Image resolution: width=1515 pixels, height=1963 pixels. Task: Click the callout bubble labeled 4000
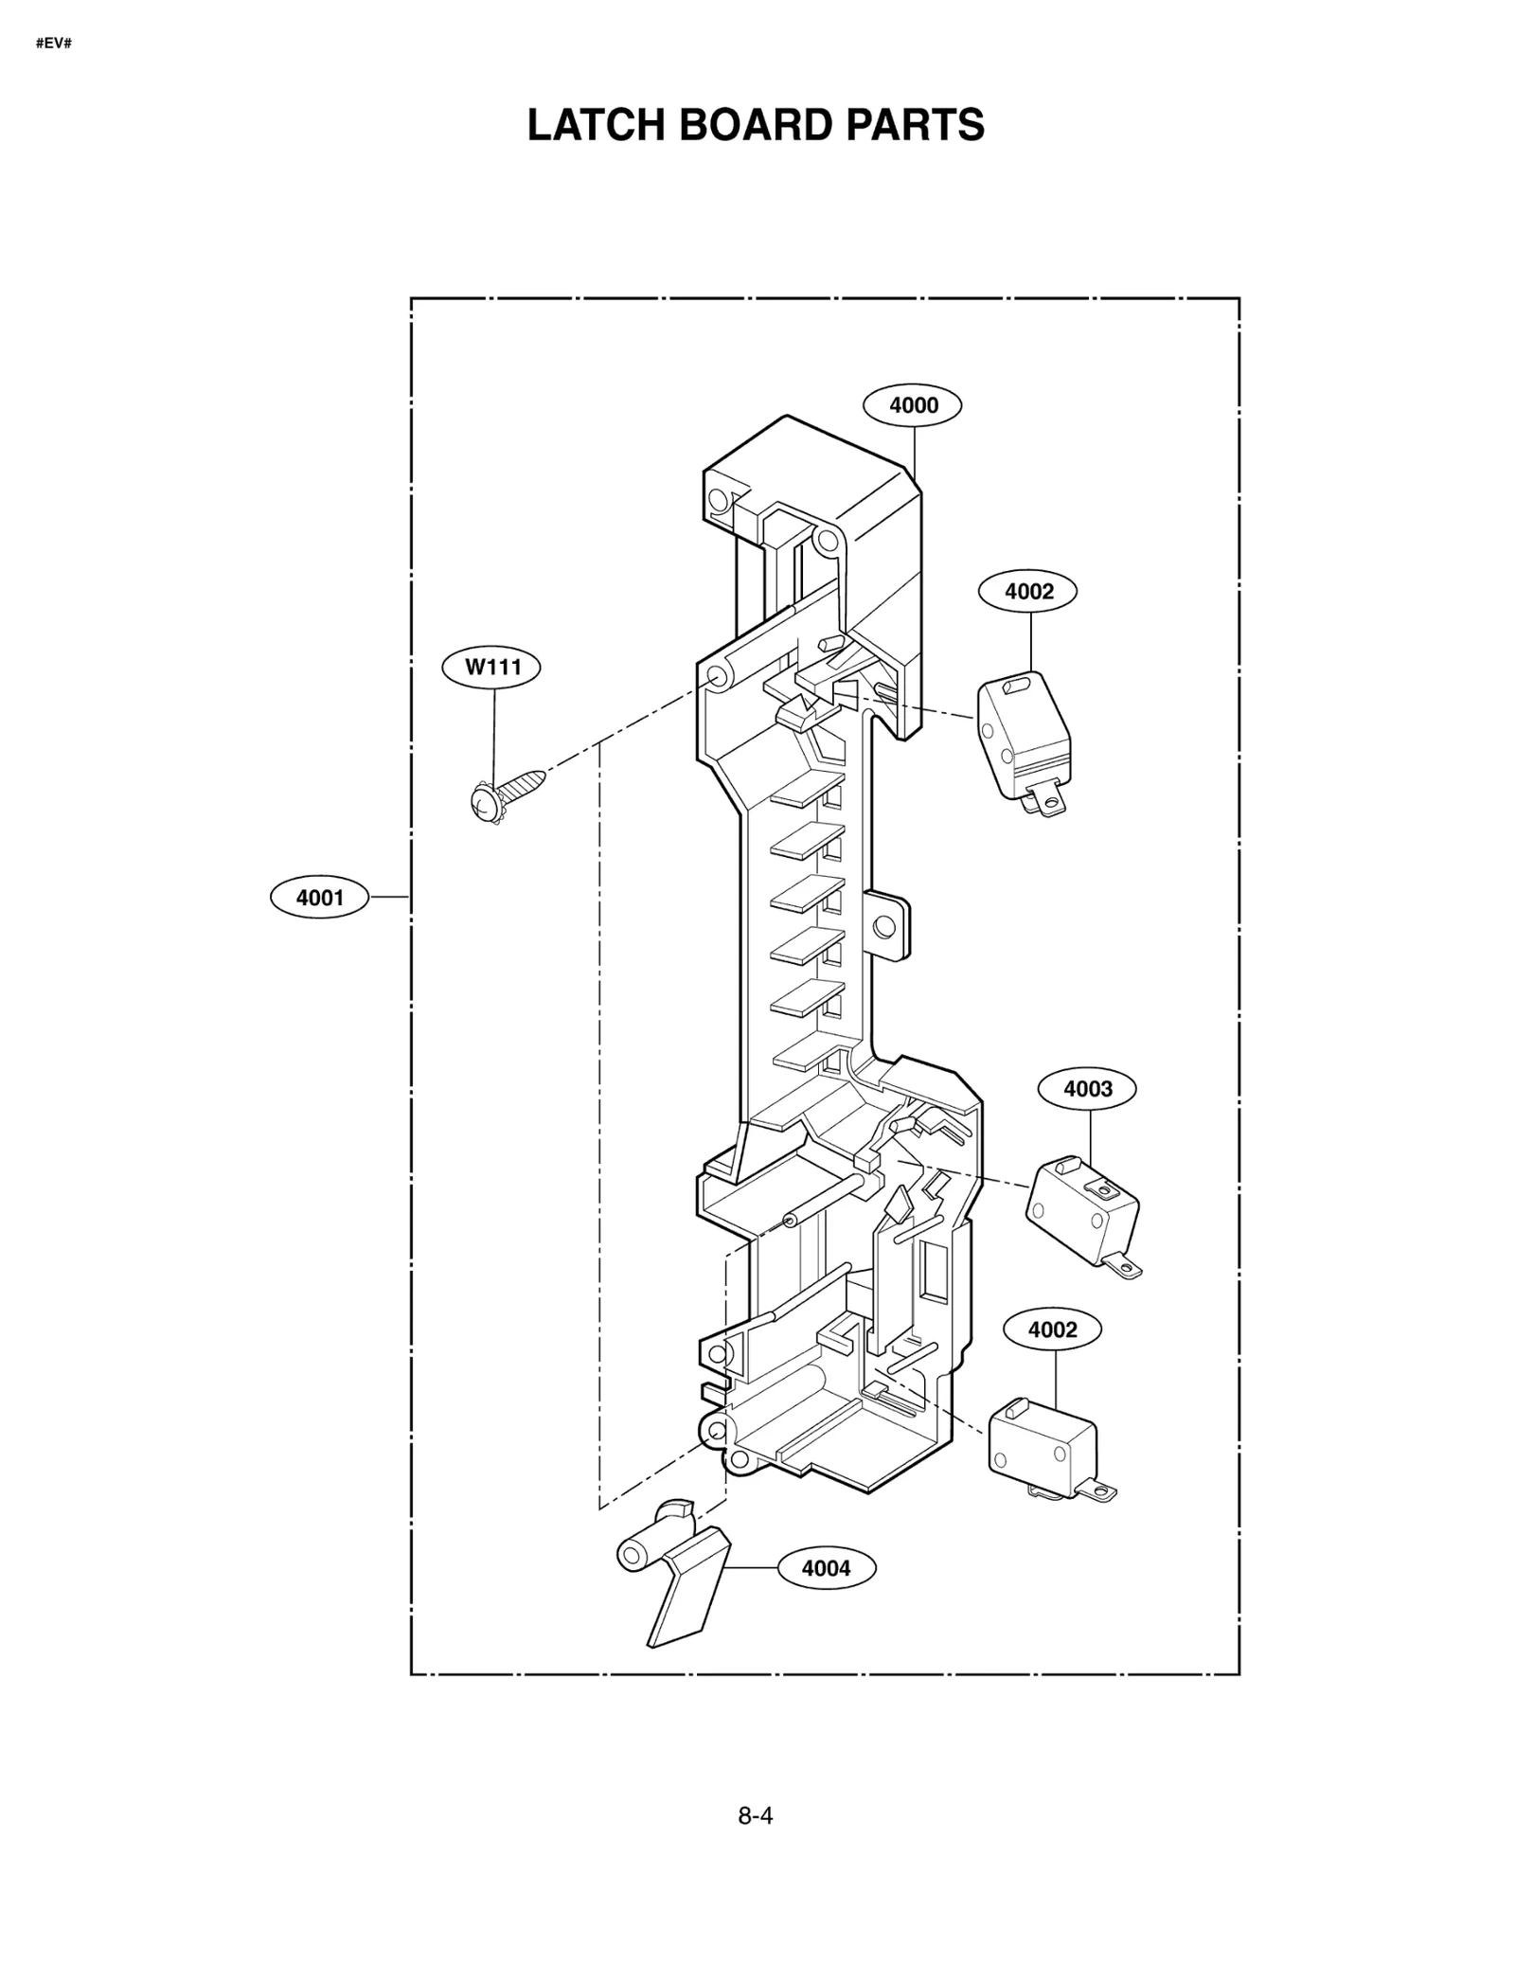click(912, 405)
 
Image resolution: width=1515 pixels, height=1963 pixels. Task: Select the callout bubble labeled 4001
click(319, 897)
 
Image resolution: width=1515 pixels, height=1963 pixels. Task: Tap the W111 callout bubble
click(491, 667)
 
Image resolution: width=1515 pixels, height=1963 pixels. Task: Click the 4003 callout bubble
click(1087, 1088)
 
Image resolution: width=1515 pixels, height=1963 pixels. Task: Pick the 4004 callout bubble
click(826, 1567)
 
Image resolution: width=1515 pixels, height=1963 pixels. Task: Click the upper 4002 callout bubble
click(1027, 591)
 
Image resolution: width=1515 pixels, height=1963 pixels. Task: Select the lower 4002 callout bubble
click(1052, 1329)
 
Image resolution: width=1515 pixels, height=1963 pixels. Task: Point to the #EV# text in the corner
click(53, 44)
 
